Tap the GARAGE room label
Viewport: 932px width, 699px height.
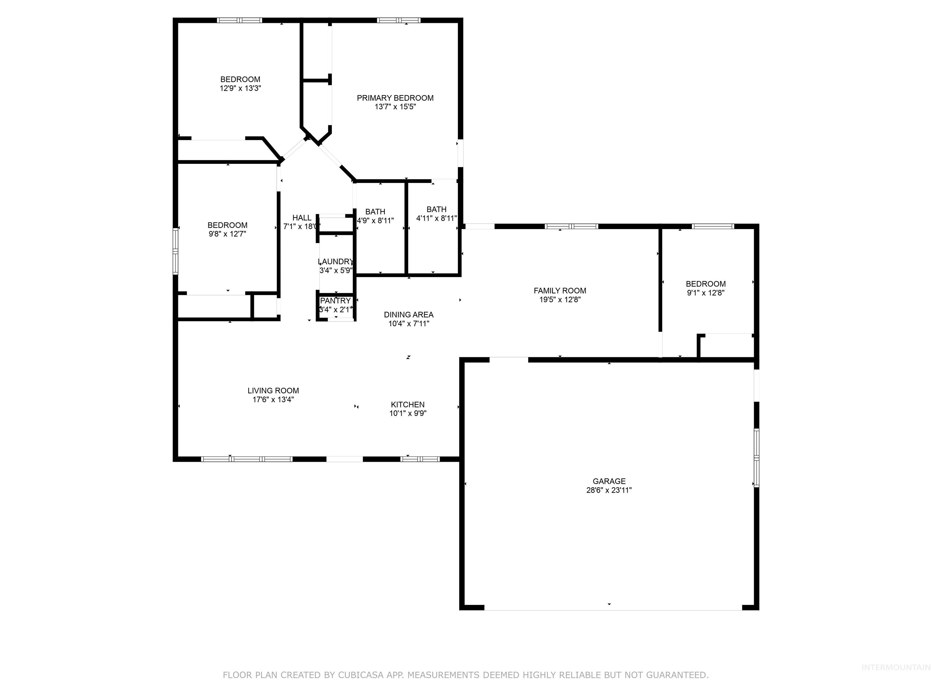[x=609, y=481]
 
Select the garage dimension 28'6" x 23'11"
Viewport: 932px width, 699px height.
[x=609, y=490]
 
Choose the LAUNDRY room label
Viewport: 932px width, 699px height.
[x=335, y=262]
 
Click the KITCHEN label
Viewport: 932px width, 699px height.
[x=407, y=404]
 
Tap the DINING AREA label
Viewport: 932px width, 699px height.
[x=408, y=314]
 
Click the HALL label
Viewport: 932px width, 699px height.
[x=302, y=218]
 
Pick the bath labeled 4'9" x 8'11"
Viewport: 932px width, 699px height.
[x=375, y=216]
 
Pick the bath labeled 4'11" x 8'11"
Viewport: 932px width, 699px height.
[x=437, y=214]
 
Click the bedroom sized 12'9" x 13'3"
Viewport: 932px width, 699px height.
[x=240, y=83]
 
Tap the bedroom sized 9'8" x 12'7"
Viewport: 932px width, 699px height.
[x=227, y=229]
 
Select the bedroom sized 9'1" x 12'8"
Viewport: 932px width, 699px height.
[x=705, y=288]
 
